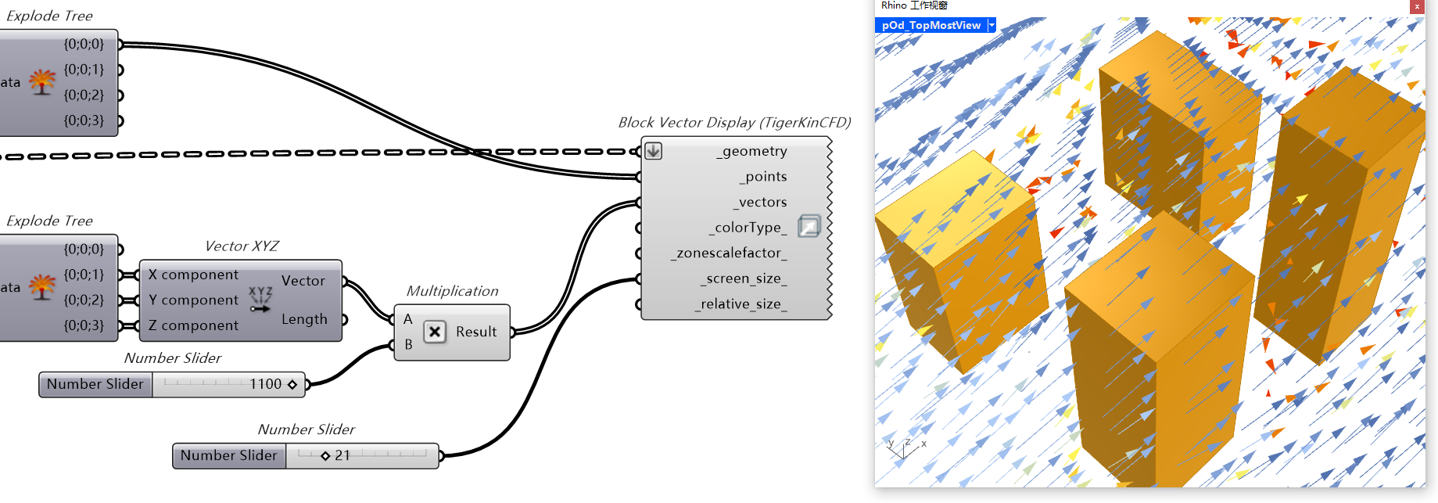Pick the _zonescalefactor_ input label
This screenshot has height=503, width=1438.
click(729, 253)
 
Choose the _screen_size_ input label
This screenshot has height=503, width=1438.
click(743, 278)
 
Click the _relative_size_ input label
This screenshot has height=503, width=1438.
click(740, 304)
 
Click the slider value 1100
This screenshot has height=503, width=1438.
click(266, 384)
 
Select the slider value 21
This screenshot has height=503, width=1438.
click(342, 455)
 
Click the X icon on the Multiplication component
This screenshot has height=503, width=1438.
click(435, 332)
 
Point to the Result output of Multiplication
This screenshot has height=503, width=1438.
click(476, 332)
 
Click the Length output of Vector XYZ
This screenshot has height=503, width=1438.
click(304, 319)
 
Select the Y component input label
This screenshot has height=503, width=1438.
click(193, 300)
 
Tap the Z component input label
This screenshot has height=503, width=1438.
click(193, 325)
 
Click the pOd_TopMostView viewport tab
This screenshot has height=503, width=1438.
click(931, 25)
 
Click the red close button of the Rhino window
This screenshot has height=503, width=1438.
click(1417, 6)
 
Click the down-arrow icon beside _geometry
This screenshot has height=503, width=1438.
click(654, 151)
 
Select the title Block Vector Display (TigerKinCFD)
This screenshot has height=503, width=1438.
click(734, 123)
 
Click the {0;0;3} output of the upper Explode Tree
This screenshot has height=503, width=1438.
click(84, 120)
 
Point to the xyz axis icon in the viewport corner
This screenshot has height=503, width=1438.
click(905, 448)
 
